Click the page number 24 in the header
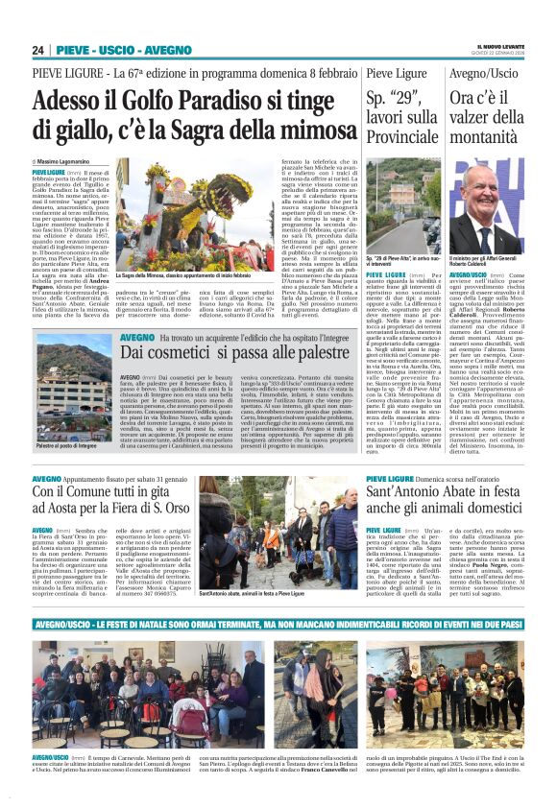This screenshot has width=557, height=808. click(38, 50)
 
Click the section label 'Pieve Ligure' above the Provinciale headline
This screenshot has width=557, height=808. click(398, 73)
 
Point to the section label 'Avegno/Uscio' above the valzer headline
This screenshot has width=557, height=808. click(484, 73)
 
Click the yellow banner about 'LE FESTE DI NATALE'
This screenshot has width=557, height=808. click(278, 623)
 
